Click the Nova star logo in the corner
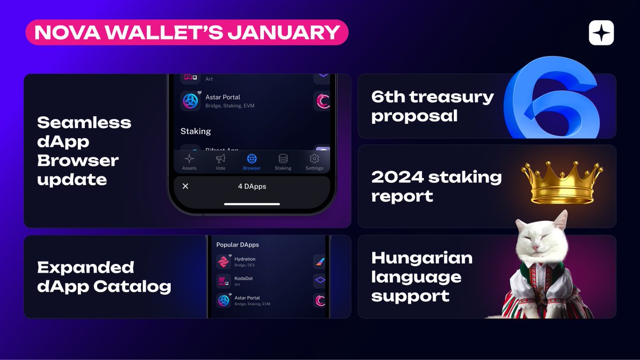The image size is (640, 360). tap(601, 33)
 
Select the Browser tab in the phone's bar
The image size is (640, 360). tap(252, 162)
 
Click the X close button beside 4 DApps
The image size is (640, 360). tap(186, 186)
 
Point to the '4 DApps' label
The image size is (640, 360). tap(252, 186)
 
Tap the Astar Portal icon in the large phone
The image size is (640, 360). tap(190, 100)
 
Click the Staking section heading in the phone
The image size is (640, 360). tap(195, 131)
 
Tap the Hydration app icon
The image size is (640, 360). tap(223, 261)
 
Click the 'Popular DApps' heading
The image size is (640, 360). tap(237, 245)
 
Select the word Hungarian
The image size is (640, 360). tap(422, 258)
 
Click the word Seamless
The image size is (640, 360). tap(84, 123)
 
